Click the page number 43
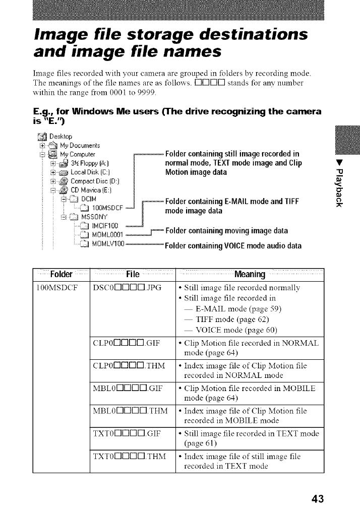coord(317,499)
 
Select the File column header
coord(133,275)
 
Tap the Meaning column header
coord(250,275)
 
